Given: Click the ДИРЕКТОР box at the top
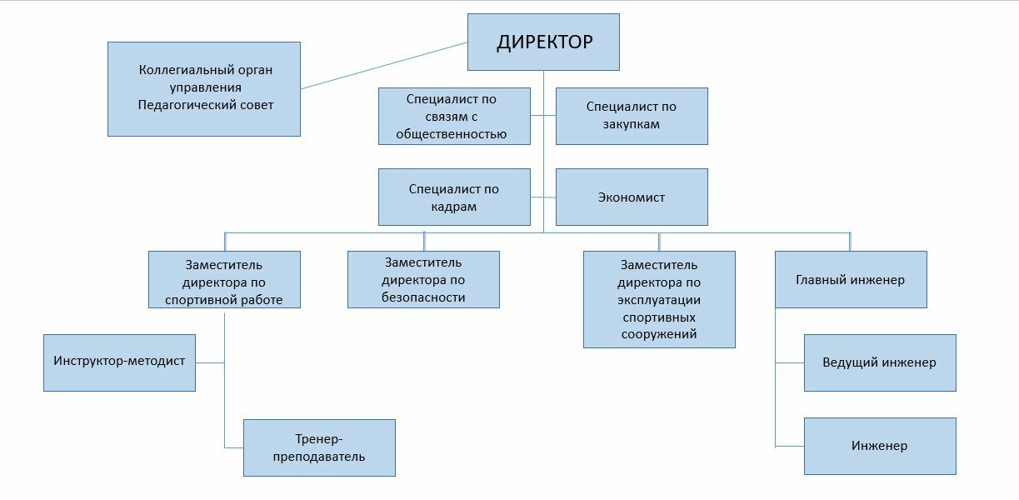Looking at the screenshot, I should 543,42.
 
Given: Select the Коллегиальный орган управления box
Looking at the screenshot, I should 204,88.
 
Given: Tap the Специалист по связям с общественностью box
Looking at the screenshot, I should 454,116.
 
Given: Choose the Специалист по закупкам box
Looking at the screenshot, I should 632,116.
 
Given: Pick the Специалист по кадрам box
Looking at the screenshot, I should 454,197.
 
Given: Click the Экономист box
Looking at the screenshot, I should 632,197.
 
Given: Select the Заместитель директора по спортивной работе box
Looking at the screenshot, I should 224,280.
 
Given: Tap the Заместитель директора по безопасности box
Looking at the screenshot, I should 423,280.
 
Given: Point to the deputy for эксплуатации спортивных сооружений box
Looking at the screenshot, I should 659,299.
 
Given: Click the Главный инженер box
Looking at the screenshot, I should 851,280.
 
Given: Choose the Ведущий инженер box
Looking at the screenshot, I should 880,362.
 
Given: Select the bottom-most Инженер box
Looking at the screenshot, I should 880,446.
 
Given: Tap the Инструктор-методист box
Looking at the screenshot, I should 119,362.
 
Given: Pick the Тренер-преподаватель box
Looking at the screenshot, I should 319,447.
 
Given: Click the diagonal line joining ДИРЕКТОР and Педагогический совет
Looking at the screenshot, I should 383,66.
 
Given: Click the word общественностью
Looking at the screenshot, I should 451,133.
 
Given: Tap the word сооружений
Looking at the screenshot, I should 659,334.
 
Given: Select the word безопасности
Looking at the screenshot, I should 423,297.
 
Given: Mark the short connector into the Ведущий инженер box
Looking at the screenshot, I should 790,362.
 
